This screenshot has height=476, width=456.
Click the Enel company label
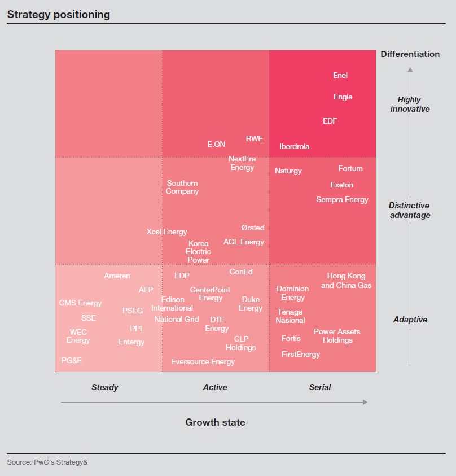[340, 75]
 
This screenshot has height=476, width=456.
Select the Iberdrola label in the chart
[295, 147]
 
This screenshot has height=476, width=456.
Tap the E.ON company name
[216, 145]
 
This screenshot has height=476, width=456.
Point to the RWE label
[255, 138]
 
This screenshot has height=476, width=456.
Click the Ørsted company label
[253, 228]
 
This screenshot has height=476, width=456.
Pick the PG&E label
[72, 360]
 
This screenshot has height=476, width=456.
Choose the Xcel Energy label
[167, 232]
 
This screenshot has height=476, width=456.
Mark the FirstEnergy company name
[301, 355]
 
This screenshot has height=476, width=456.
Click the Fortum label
[350, 168]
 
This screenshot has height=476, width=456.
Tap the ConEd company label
[241, 272]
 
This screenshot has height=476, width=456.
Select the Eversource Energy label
[203, 361]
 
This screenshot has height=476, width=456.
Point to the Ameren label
[117, 276]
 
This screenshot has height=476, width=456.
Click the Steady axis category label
[105, 387]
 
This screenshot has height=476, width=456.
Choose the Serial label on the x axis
[320, 387]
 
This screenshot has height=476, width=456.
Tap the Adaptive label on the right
[410, 320]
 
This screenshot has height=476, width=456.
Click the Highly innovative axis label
[410, 104]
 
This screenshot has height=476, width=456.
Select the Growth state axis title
[215, 422]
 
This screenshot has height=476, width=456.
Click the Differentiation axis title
[410, 54]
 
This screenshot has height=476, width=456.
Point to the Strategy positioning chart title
[58, 15]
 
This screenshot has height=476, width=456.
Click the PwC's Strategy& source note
[47, 462]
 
